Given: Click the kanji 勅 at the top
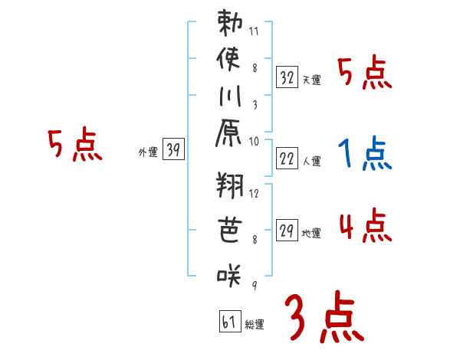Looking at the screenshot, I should tap(230, 25).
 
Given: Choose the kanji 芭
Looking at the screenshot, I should tap(230, 230).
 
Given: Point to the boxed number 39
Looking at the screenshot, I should tap(173, 151).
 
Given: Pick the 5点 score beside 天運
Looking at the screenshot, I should tap(365, 74).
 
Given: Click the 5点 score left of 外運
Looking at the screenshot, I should tap(74, 146).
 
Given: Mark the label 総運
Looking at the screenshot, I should tap(255, 325).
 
